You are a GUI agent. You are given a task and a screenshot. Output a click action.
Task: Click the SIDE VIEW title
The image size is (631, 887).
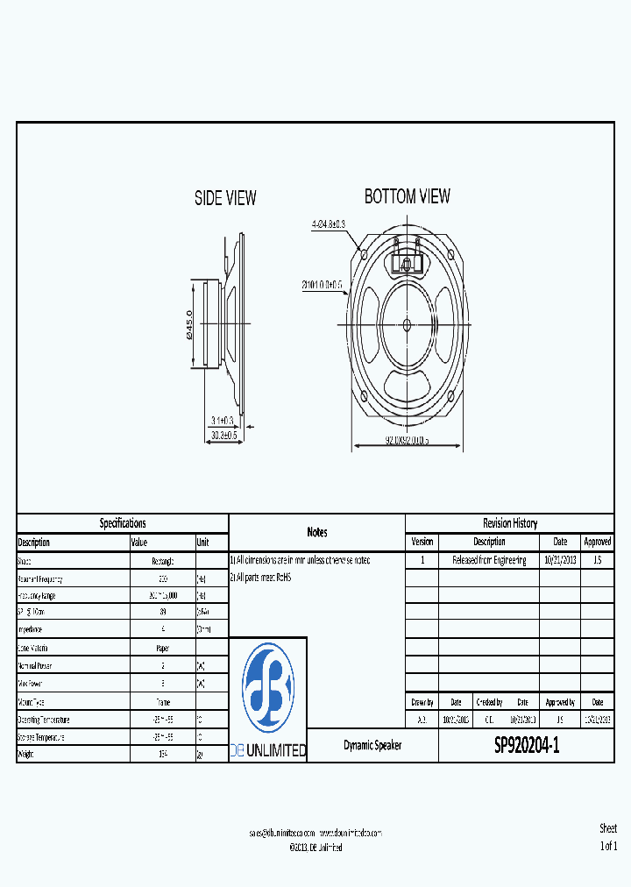tap(225, 199)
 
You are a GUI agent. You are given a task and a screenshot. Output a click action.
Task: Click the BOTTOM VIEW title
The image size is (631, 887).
tap(408, 196)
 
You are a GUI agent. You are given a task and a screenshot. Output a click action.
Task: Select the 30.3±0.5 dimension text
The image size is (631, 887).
tap(225, 436)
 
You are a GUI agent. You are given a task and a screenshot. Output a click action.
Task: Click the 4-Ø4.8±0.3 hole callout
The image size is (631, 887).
tap(329, 224)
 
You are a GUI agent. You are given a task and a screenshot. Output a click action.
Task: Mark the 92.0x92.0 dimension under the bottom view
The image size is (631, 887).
tap(407, 441)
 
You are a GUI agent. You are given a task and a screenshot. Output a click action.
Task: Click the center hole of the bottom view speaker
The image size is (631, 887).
tap(407, 324)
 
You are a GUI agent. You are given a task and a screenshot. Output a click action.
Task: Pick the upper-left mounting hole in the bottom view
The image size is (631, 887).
tap(363, 255)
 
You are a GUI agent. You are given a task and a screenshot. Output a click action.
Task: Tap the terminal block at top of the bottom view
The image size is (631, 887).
tap(407, 261)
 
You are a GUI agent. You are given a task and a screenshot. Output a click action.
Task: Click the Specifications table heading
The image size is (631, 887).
tap(123, 523)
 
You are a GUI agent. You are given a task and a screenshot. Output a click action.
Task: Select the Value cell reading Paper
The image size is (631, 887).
tap(162, 649)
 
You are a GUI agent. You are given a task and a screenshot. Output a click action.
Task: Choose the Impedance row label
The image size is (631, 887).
tap(32, 630)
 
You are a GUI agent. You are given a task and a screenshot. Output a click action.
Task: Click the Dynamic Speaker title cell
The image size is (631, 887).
tap(372, 745)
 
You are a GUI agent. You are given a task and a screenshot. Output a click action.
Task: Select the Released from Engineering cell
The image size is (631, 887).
tap(489, 560)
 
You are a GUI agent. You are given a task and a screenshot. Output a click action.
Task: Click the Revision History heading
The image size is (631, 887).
tap(510, 523)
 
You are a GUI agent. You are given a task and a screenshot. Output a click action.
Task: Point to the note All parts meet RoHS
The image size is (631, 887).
tap(261, 578)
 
